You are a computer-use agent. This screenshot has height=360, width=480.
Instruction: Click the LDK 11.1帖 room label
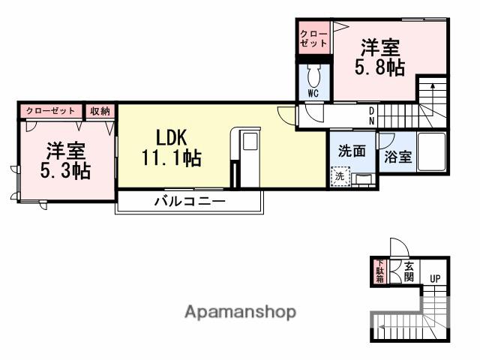171,148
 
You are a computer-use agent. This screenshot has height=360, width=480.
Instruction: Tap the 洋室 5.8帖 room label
379,57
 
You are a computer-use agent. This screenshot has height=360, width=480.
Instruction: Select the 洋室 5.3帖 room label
65,160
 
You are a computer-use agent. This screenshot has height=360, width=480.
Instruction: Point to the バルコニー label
190,201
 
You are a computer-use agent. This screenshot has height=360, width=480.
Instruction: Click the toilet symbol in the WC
313,76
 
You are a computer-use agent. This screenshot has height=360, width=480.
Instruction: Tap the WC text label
313,94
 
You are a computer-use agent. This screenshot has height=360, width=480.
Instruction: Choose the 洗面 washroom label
352,150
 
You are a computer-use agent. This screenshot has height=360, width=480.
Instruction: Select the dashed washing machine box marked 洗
340,177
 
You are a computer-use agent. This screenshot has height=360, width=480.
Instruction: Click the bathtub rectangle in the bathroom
431,152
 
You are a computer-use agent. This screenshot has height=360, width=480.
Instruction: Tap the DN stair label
372,115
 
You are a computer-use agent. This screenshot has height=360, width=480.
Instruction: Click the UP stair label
435,279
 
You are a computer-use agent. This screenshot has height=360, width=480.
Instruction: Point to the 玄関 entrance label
409,271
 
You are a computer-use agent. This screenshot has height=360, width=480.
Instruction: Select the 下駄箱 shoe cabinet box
379,271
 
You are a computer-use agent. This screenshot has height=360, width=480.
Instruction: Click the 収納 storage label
100,111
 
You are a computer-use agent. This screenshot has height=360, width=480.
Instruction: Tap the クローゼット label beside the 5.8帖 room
313,39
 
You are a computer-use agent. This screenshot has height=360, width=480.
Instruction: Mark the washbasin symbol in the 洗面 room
363,178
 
